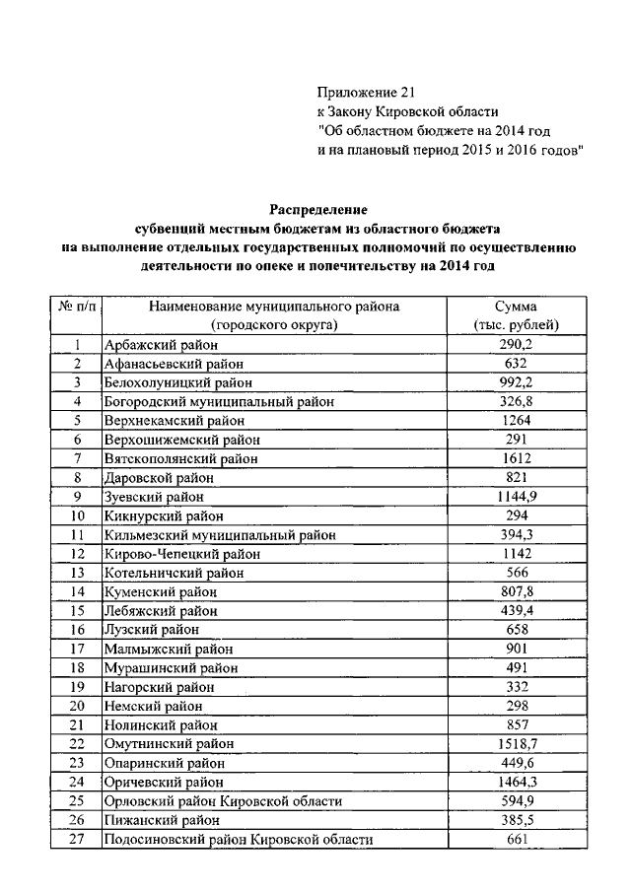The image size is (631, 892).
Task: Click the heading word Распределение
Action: tap(317, 210)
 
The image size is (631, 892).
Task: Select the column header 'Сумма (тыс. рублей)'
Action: tap(517, 315)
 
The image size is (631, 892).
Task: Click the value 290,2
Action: tap(517, 345)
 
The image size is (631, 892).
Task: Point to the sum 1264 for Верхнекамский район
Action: tap(517, 421)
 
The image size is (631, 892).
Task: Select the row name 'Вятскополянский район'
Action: tap(180, 459)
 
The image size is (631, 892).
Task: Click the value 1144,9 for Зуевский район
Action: tap(517, 497)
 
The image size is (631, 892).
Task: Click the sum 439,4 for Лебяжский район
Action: tap(517, 611)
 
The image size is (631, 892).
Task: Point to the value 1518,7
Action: tap(517, 743)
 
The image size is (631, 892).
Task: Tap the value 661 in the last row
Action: tap(517, 839)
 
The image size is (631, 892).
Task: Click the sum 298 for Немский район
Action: tap(517, 706)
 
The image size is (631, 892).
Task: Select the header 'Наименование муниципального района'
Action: tap(274, 308)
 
